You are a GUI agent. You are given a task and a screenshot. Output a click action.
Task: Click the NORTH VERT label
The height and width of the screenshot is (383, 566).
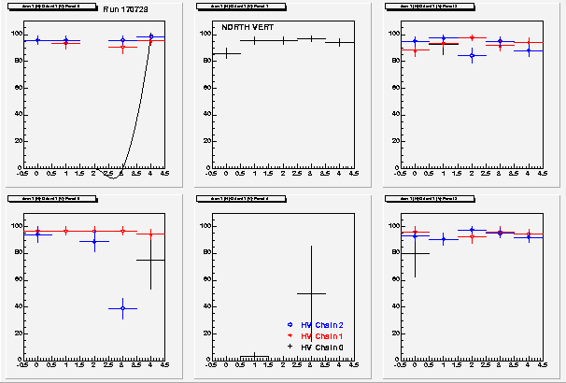(x=242, y=28)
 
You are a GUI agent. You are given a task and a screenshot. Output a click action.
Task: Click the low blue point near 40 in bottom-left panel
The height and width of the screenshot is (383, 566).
(x=122, y=308)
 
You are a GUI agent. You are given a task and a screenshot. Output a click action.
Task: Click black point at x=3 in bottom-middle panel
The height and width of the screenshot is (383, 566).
(x=310, y=293)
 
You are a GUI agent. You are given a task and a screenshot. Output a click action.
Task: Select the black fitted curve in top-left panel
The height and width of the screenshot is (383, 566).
(x=139, y=112)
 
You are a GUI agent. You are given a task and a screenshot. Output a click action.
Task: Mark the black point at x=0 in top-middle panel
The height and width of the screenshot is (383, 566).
(x=226, y=53)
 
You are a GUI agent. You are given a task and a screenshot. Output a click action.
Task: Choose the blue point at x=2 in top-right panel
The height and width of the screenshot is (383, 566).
(x=472, y=56)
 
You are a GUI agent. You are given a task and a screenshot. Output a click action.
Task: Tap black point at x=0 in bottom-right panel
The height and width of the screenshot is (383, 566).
(x=415, y=253)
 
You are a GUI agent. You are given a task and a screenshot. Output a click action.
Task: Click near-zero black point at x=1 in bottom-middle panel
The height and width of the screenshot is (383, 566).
(x=254, y=356)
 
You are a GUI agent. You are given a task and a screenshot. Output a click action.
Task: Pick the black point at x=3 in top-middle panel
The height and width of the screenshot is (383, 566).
(x=311, y=38)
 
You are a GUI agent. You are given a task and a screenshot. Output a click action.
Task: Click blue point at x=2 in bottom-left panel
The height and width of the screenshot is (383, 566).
(x=94, y=241)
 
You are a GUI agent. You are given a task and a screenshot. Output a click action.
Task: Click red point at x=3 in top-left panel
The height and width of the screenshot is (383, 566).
(x=122, y=47)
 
